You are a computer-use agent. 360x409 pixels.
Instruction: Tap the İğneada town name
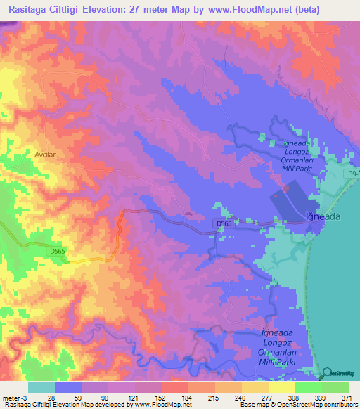(323, 217)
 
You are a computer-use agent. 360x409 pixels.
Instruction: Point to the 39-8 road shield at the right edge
(353, 174)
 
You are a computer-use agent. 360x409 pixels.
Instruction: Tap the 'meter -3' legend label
(13, 398)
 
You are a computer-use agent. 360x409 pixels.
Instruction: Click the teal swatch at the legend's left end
(41, 387)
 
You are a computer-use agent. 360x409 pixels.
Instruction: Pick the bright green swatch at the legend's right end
(335, 387)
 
